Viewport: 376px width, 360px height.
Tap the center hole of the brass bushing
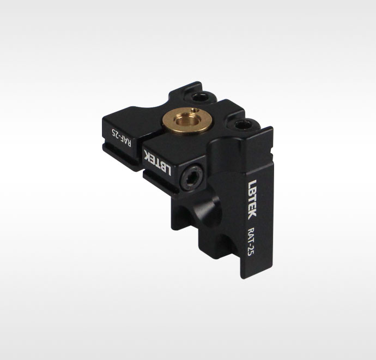point(187,119)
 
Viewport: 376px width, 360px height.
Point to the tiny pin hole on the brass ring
point(197,110)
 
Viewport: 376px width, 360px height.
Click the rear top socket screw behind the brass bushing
point(201,97)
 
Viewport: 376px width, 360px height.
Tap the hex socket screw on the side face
point(192,178)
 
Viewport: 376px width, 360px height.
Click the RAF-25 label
point(122,138)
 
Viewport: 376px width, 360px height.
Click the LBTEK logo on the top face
point(157,162)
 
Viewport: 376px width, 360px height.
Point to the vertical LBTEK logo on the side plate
point(252,199)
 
